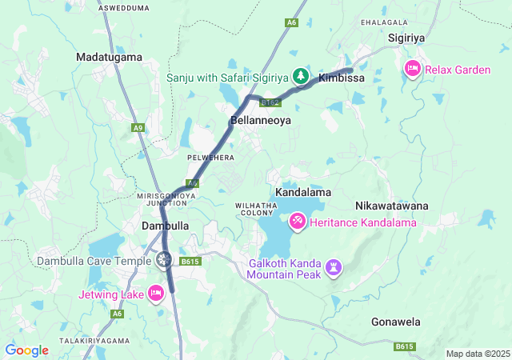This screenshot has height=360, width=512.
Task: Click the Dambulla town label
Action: [165, 226]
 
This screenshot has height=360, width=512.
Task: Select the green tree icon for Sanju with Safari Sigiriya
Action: [301, 77]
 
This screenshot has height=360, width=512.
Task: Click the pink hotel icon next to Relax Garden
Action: [413, 70]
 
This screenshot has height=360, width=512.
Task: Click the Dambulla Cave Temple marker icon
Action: [164, 258]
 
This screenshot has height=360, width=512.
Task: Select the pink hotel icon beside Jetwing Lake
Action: [156, 294]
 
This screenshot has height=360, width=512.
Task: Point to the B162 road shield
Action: [272, 102]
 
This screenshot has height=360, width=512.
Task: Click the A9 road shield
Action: [139, 127]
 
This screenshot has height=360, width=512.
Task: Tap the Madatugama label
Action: [109, 57]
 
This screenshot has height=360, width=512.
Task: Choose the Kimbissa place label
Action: [342, 78]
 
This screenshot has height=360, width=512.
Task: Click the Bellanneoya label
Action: [260, 121]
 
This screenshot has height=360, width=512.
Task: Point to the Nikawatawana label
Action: [392, 206]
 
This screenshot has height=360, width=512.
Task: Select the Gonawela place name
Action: [396, 322]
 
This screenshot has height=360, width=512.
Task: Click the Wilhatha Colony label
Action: [256, 210]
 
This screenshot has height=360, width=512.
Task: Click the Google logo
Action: [27, 350]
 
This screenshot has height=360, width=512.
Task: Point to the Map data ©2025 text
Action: [477, 354]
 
